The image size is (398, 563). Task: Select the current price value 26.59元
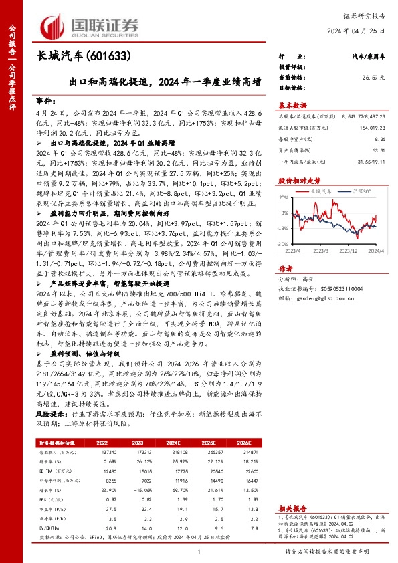pyautogui.click(x=373, y=77)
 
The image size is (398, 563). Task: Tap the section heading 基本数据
pyautogui.click(x=292, y=105)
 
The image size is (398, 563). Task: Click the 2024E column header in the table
pyautogui.click(x=192, y=443)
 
